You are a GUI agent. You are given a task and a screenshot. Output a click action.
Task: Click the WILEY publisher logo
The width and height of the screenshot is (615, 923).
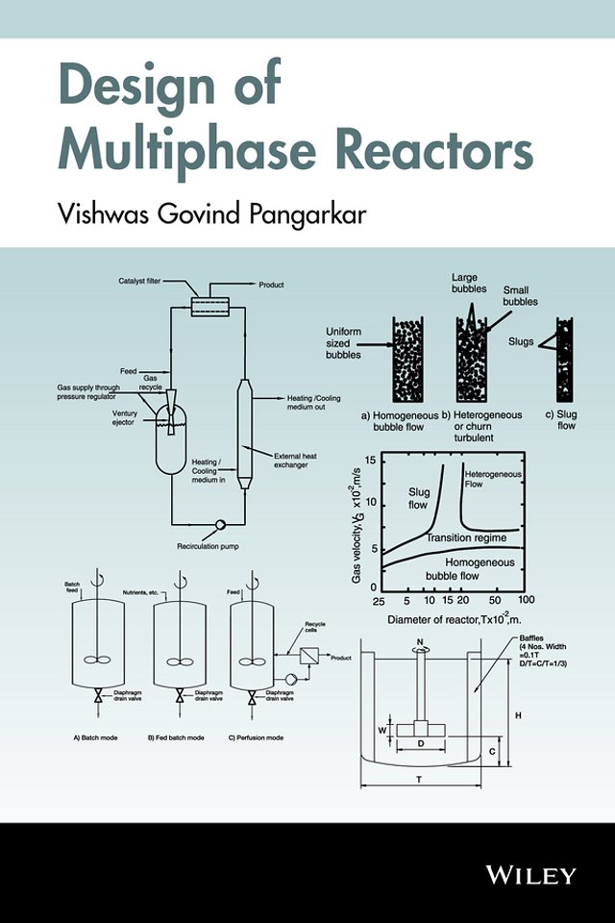coord(530,874)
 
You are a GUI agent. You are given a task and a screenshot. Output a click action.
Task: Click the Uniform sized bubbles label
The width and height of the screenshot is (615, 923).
coord(343,342)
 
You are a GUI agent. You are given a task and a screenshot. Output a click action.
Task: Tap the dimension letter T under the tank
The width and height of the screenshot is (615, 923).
coord(419,781)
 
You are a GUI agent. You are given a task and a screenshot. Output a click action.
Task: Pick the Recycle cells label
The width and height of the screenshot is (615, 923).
coord(317,627)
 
